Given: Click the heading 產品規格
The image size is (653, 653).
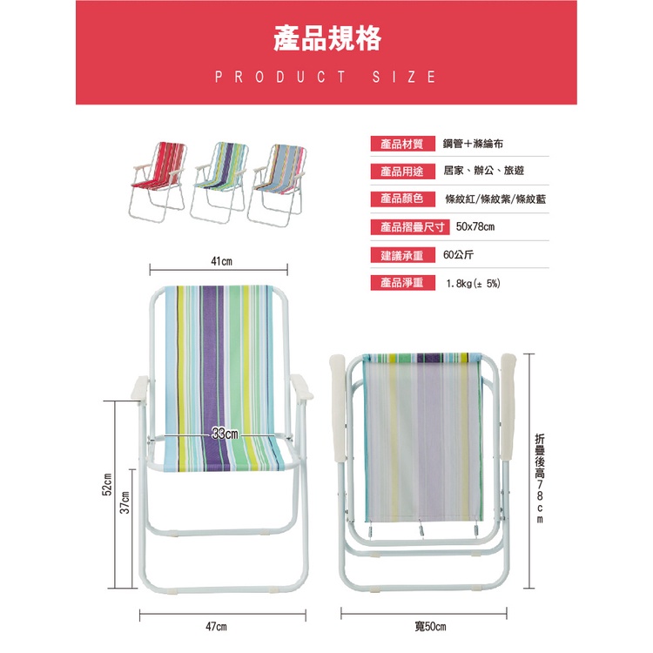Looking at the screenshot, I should (326, 39).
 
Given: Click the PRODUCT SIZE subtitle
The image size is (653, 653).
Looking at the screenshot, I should (326, 77).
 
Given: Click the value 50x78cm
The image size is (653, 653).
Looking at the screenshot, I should (475, 227).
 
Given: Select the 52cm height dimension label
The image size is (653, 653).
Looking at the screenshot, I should (109, 485).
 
